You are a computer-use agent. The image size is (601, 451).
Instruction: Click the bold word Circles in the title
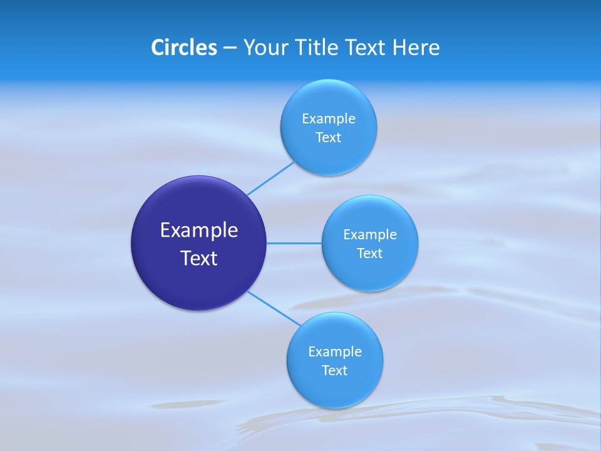[x=183, y=48]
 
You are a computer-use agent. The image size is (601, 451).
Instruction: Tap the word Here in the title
[x=416, y=48]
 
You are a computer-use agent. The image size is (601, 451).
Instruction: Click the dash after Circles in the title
[x=230, y=48]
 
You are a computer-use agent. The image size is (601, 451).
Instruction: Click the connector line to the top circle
[x=271, y=179]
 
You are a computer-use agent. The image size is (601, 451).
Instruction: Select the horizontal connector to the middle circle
[x=294, y=242]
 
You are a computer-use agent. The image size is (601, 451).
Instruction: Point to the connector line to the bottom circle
[x=273, y=308]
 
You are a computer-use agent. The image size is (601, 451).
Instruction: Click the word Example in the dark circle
[x=199, y=231]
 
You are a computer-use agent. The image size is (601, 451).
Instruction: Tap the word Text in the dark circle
[x=199, y=258]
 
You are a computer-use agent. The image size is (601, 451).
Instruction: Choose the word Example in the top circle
[x=329, y=118]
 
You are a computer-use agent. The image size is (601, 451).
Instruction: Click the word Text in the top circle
[x=329, y=138]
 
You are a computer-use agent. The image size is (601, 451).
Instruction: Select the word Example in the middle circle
[x=370, y=234]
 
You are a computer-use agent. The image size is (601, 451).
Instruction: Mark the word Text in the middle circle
[x=370, y=254]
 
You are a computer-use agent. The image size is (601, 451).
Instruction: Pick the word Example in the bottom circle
[x=335, y=351]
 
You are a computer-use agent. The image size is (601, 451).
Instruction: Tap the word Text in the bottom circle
[x=335, y=371]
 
